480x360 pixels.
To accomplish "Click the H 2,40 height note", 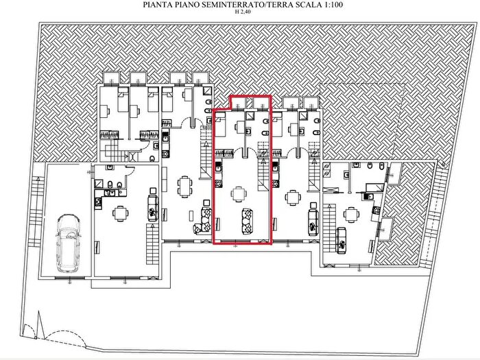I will [x=239, y=12].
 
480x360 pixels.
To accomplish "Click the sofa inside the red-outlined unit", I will [x=246, y=220].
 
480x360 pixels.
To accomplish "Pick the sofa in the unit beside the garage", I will [x=151, y=206].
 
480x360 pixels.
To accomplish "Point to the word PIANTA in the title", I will [x=157, y=4].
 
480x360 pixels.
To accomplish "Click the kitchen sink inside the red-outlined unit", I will [x=219, y=167].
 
